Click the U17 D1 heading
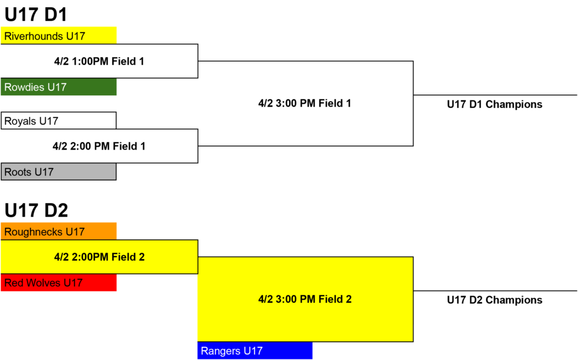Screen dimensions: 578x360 36,15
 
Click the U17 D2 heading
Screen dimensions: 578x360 36,210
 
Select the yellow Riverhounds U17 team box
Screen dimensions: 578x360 59,36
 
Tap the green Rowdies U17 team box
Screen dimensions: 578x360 59,86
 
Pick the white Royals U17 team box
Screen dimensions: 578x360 59,121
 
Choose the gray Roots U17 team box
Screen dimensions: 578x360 59,172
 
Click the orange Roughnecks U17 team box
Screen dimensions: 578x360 59,231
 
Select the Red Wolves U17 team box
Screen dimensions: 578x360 59,283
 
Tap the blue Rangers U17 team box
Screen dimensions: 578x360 255,350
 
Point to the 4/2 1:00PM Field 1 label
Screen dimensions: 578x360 99,61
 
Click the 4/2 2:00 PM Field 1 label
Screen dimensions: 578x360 99,146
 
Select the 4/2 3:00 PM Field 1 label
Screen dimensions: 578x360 305,103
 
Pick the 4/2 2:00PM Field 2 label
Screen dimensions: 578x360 99,257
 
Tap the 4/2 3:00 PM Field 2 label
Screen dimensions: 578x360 305,299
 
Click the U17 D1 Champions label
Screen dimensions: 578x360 494,104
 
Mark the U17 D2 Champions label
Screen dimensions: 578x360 494,300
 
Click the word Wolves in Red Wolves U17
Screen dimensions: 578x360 43,283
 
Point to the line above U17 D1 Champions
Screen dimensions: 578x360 495,95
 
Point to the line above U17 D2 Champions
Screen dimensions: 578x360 495,291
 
